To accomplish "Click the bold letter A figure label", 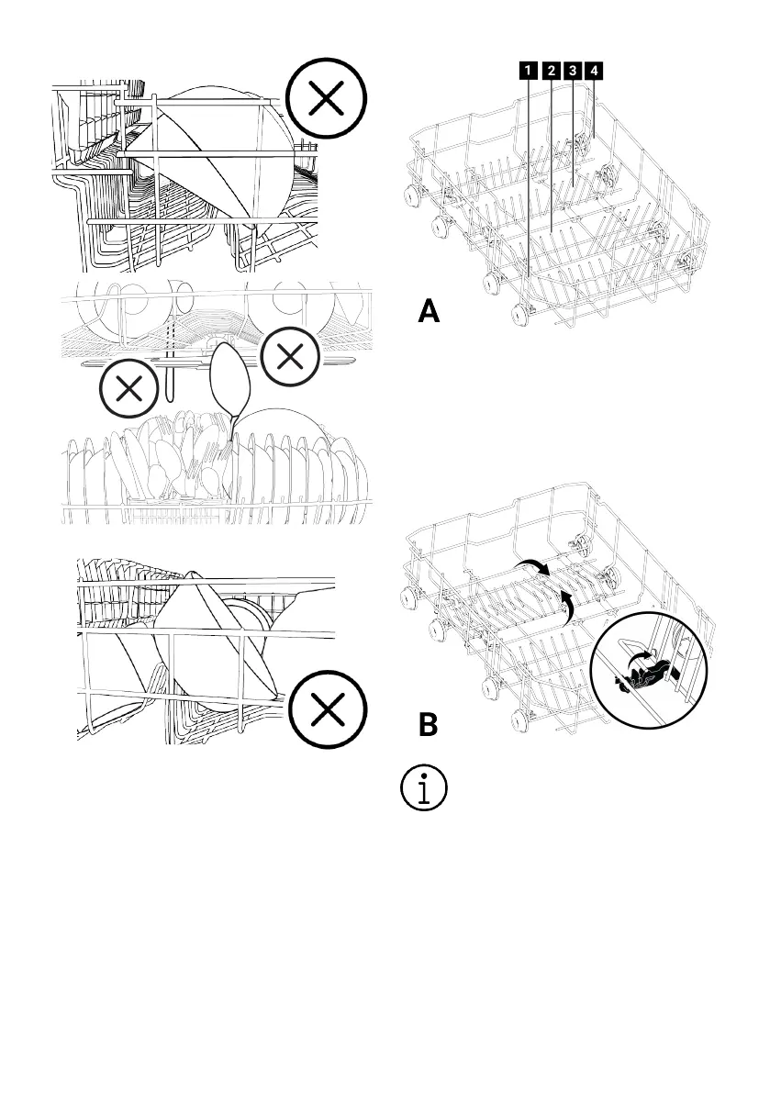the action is point(429,313).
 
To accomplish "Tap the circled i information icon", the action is point(424,788).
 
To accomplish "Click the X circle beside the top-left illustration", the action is point(326,101).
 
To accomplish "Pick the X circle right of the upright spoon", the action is point(290,358).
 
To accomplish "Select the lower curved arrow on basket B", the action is point(569,605).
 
